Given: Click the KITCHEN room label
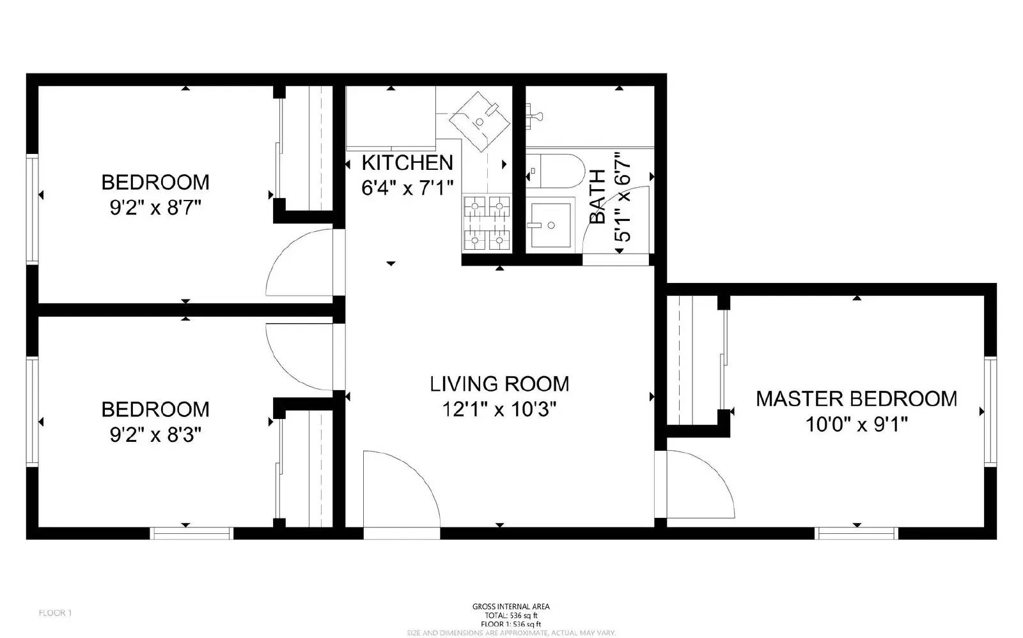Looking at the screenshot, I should [407, 163].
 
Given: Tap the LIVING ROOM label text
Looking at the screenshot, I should [499, 384].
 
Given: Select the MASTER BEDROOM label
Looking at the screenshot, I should [856, 399].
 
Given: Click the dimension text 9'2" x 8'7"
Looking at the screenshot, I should [155, 208].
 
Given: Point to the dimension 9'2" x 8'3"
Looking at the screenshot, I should [155, 435].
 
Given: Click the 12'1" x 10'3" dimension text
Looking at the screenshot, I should [499, 409].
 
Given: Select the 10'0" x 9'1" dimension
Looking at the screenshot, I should [856, 424].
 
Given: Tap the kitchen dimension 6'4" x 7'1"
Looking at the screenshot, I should [407, 188].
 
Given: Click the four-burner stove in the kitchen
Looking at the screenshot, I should [487, 223].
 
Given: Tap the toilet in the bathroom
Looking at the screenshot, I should [556, 171].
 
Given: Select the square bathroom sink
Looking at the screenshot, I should [551, 225].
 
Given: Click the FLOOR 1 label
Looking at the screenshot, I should [55, 613].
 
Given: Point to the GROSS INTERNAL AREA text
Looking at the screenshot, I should [510, 607].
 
